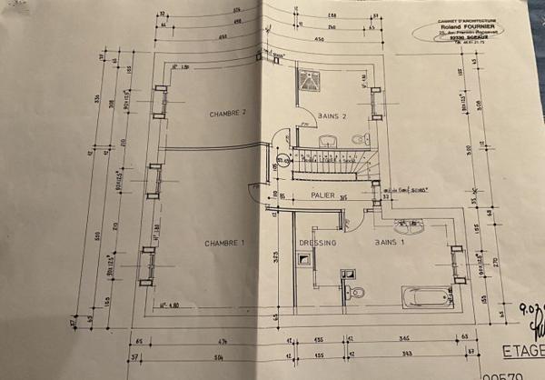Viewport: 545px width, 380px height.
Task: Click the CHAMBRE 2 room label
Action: pyautogui.click(x=227, y=114)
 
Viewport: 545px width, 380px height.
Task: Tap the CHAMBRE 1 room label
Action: pyautogui.click(x=223, y=243)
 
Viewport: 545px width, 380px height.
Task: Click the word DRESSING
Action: pyautogui.click(x=318, y=244)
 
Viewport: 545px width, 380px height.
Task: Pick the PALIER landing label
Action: pyautogui.click(x=324, y=195)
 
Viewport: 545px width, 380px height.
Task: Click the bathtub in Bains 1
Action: pyautogui.click(x=427, y=295)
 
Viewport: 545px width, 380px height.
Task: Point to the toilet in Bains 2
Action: pyautogui.click(x=361, y=139)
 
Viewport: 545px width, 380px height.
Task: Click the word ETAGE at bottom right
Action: pyautogui.click(x=523, y=351)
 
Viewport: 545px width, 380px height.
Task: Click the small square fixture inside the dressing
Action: pyautogui.click(x=308, y=258)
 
